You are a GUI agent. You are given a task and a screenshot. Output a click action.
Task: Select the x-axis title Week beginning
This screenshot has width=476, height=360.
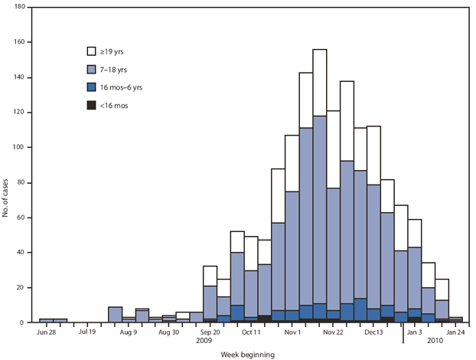[x=248, y=355]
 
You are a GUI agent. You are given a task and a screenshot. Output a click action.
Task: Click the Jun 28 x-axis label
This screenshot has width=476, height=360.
[x=47, y=332]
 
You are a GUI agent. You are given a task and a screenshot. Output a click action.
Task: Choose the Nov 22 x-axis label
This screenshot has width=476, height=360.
[x=334, y=332]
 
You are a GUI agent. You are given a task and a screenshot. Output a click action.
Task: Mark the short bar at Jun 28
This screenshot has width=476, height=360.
[x=47, y=320]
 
